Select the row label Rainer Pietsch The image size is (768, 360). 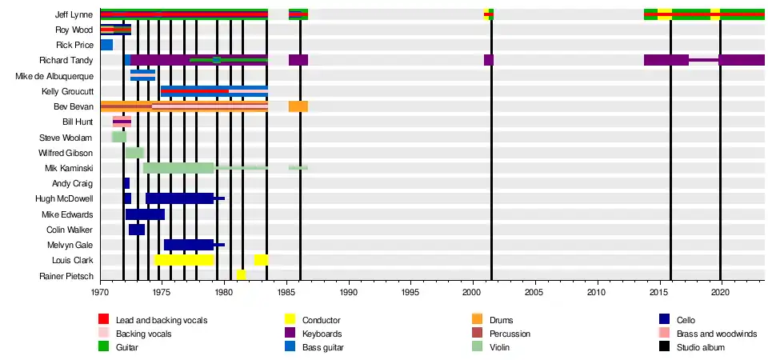click(x=66, y=276)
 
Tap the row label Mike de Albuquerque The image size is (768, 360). click(x=54, y=76)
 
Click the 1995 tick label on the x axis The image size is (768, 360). click(x=410, y=293)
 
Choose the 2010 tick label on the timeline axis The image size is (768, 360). click(x=597, y=293)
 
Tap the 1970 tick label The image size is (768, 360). click(x=101, y=293)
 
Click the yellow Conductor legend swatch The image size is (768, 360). click(x=290, y=320)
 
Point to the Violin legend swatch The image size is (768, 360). click(x=478, y=347)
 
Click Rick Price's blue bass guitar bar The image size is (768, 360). click(x=106, y=45)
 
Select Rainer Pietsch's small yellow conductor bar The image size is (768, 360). click(x=242, y=275)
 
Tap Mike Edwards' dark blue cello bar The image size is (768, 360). click(x=145, y=214)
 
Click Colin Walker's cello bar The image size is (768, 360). click(x=137, y=230)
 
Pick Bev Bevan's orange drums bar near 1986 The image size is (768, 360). click(x=298, y=106)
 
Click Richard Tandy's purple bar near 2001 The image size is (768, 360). click(x=489, y=60)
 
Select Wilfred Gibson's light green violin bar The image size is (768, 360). click(x=134, y=153)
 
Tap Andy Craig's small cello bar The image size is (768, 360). click(x=126, y=183)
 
